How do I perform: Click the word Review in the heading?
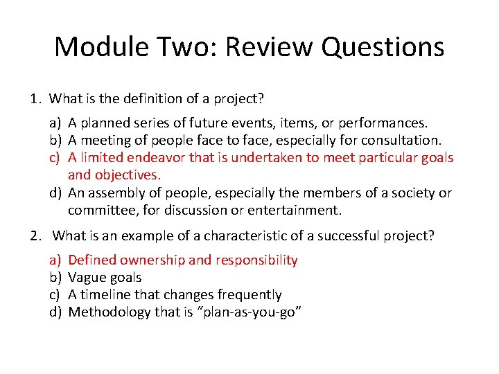[264, 47]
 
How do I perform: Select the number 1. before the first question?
[37, 99]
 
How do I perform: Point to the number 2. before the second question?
[37, 235]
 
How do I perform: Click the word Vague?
[87, 278]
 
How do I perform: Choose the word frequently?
[243, 295]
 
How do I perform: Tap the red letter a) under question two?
[55, 260]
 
